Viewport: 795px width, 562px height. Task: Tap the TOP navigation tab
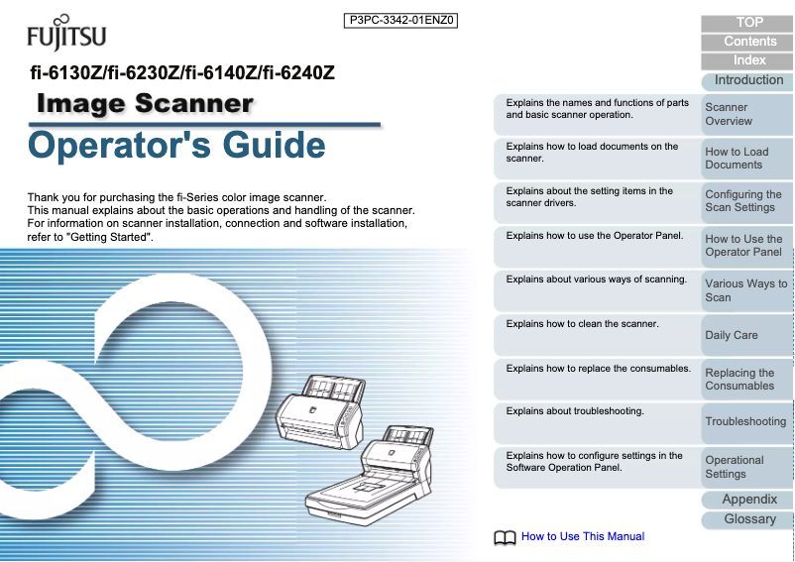click(x=749, y=23)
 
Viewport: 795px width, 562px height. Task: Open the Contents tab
click(x=749, y=42)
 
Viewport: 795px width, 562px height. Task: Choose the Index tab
click(x=749, y=60)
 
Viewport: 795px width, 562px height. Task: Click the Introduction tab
click(x=748, y=80)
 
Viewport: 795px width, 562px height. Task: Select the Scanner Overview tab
click(x=745, y=114)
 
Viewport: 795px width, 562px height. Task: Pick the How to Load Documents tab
click(x=745, y=159)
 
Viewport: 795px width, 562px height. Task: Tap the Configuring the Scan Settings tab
click(x=745, y=201)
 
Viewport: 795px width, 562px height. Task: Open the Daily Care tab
click(x=745, y=335)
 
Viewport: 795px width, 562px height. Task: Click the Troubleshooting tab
click(x=745, y=421)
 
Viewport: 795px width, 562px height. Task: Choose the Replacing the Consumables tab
click(x=745, y=379)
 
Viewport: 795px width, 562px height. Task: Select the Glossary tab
click(x=749, y=518)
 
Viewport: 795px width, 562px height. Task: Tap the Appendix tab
click(x=749, y=500)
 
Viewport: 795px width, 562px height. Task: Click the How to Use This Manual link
click(x=582, y=536)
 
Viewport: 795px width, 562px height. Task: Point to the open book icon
click(x=505, y=537)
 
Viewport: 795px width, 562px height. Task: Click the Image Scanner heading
click(x=145, y=103)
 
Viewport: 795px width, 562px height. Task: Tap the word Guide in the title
click(x=274, y=145)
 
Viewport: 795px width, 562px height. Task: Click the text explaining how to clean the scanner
click(x=582, y=324)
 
